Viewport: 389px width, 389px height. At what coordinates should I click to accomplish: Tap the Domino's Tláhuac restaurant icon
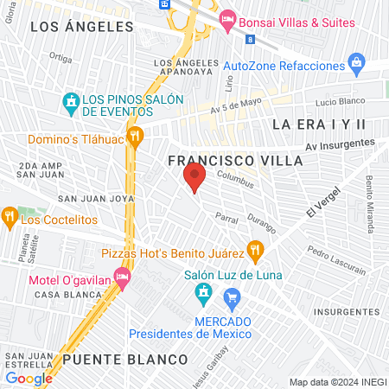[x=134, y=137]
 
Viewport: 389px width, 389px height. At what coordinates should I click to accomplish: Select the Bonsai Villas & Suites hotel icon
[x=228, y=18]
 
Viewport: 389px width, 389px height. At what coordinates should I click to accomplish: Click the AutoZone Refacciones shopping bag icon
[x=355, y=63]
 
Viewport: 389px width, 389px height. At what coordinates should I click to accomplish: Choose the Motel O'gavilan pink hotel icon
[x=122, y=276]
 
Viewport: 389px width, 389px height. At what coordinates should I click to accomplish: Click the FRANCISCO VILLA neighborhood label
[x=235, y=161]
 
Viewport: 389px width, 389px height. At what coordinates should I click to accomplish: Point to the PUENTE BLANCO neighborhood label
[x=125, y=359]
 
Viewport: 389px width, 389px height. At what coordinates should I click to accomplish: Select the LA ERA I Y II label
[x=319, y=124]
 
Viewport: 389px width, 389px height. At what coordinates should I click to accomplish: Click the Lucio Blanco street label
[x=337, y=101]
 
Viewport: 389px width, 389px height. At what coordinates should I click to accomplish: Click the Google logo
[x=29, y=378]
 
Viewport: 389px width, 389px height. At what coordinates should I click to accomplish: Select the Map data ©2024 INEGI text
[x=335, y=382]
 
